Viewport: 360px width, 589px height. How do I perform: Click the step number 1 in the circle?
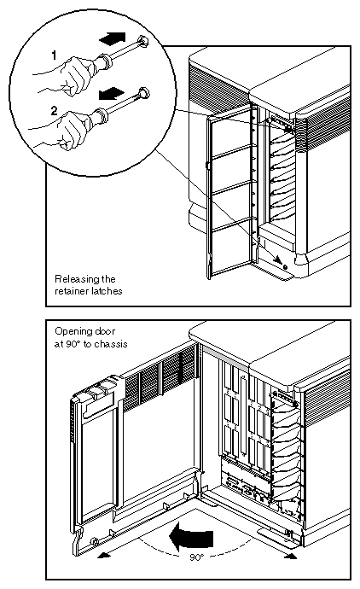[54, 55]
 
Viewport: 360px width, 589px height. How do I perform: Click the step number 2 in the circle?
[55, 110]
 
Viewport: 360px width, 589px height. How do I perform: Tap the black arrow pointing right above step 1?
[113, 38]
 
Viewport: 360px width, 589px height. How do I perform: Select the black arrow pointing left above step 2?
[111, 93]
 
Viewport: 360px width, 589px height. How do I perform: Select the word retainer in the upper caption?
[72, 291]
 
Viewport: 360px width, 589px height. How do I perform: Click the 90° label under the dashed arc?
[196, 557]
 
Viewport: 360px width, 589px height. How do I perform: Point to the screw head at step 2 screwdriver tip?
[144, 92]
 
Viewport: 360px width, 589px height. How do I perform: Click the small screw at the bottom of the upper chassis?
[285, 266]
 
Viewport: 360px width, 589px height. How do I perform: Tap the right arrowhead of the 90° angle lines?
[292, 555]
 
